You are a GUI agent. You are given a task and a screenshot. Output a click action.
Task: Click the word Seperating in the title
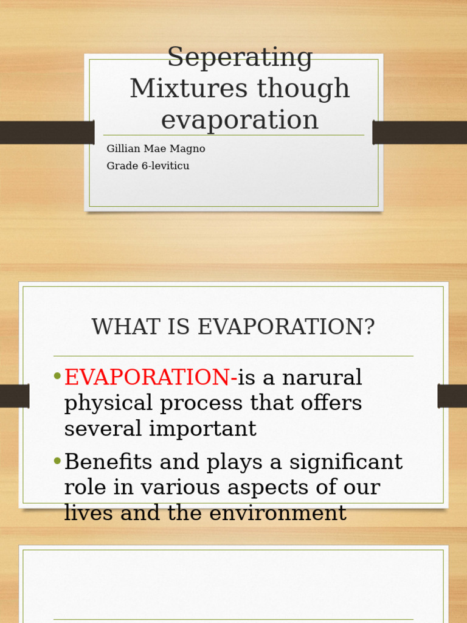coord(240,58)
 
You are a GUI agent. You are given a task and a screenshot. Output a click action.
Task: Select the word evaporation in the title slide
coord(240,120)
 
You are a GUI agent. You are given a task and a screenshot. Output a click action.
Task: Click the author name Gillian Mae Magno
coord(156,149)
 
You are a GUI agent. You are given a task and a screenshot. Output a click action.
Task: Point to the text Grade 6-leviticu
coord(148,166)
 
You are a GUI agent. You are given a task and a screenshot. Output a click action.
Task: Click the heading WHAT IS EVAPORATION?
coord(233,327)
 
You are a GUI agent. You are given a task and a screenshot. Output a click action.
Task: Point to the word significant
coord(345,462)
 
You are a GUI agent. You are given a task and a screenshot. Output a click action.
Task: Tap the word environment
coord(278,513)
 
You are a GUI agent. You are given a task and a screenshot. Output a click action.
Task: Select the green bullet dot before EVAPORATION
coord(57,377)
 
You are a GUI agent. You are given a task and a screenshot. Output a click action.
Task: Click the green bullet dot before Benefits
coord(57,461)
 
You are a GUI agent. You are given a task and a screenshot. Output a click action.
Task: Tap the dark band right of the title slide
coord(420,133)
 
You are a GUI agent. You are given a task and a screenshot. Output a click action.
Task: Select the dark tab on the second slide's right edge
coord(452,396)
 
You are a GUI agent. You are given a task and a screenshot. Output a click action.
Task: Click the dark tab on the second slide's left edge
coord(15,396)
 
